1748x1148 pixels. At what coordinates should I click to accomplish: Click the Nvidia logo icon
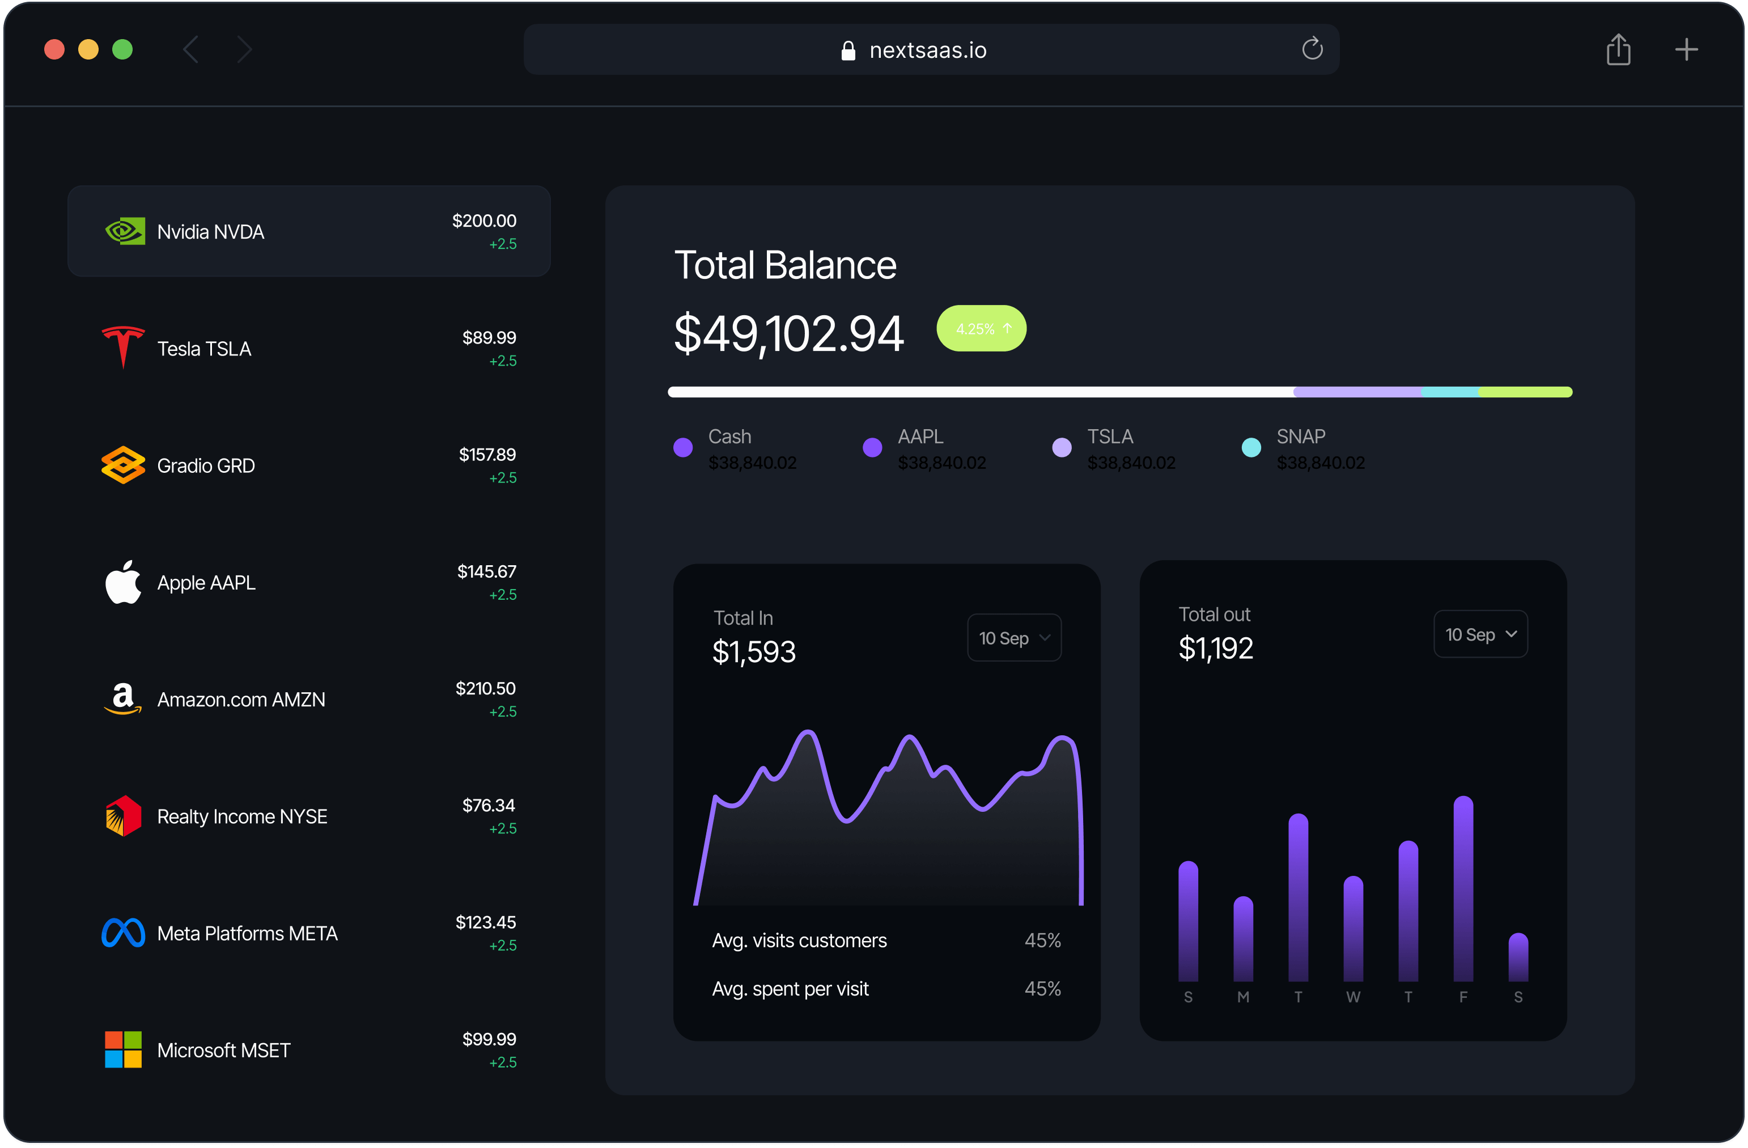pyautogui.click(x=124, y=231)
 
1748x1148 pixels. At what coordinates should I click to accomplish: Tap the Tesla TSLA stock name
pyautogui.click(x=204, y=349)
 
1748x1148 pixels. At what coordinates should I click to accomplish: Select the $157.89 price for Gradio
pyautogui.click(x=487, y=455)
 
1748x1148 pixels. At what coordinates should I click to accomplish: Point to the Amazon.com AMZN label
pyautogui.click(x=241, y=700)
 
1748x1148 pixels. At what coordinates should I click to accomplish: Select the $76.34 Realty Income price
pyautogui.click(x=489, y=806)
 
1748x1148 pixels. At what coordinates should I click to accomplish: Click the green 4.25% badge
pyautogui.click(x=981, y=328)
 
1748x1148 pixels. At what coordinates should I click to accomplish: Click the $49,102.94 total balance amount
pyautogui.click(x=788, y=333)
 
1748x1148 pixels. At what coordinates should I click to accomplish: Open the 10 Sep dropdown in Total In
pyautogui.click(x=1013, y=638)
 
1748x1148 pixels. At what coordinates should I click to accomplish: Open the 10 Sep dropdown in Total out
pyautogui.click(x=1480, y=634)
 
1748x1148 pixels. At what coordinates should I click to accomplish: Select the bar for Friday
pyautogui.click(x=1463, y=889)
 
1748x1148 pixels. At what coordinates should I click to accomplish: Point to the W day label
pyautogui.click(x=1353, y=997)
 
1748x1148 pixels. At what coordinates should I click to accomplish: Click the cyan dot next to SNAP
pyautogui.click(x=1251, y=447)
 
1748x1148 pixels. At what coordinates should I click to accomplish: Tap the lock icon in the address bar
pyautogui.click(x=848, y=50)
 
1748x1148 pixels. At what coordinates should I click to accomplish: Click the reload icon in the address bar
pyautogui.click(x=1312, y=49)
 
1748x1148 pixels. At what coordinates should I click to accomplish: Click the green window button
pyautogui.click(x=122, y=49)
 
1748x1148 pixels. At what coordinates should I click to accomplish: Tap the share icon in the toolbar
pyautogui.click(x=1618, y=49)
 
